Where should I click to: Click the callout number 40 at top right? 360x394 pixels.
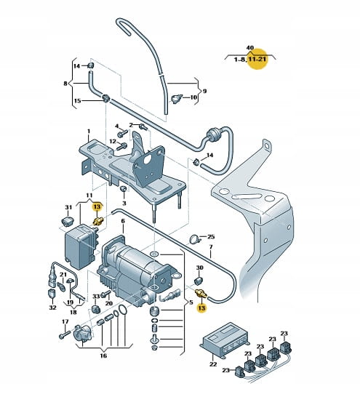click(x=250, y=47)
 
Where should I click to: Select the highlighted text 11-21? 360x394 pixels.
click(x=257, y=60)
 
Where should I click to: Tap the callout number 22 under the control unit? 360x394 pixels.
click(x=213, y=363)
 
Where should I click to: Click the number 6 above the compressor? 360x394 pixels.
click(x=123, y=221)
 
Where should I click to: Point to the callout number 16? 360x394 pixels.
click(x=103, y=355)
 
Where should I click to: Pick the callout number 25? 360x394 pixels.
click(x=211, y=236)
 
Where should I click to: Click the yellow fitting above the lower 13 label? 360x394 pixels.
click(x=201, y=294)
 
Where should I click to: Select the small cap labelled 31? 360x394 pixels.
click(x=68, y=222)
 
